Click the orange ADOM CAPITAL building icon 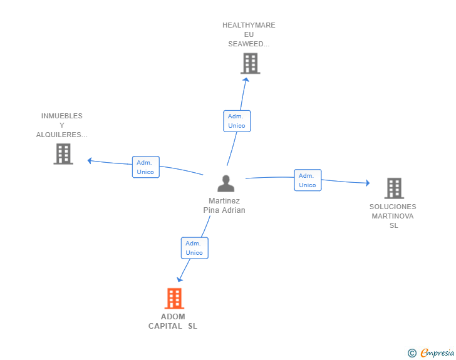174,299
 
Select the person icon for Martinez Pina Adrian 225,183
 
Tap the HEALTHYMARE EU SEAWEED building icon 250,63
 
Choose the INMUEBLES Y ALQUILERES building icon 63,153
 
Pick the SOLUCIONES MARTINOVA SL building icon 393,188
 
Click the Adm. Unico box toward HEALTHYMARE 237,121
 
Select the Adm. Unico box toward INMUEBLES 145,167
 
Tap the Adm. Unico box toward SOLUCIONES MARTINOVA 308,180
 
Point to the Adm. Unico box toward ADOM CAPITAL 194,248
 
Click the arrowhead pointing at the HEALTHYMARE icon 246,80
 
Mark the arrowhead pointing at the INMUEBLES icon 90,160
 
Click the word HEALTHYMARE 249,26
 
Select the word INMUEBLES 62,116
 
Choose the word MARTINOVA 393,216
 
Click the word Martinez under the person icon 224,201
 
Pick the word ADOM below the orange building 173,317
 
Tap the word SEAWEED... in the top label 249,44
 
